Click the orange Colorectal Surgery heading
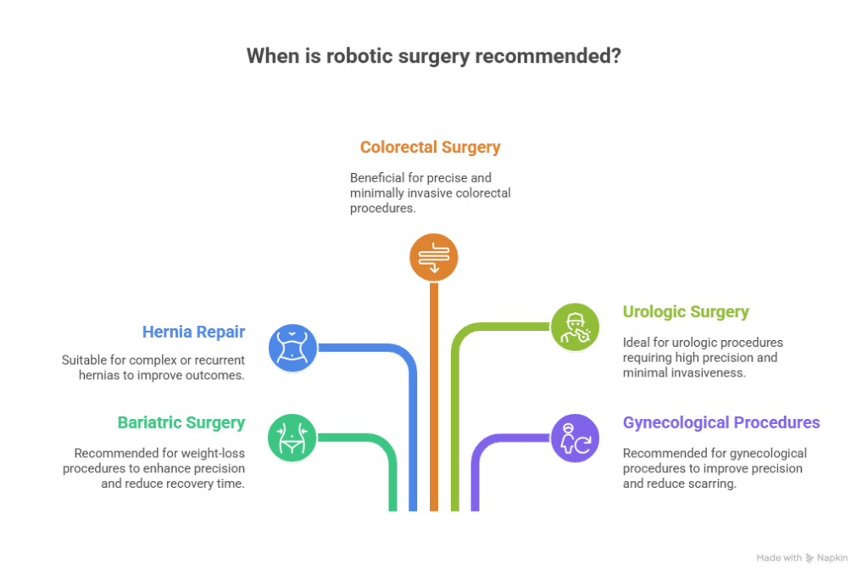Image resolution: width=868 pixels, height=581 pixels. pyautogui.click(x=430, y=148)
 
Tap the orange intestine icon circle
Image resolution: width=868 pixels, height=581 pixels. pyautogui.click(x=434, y=257)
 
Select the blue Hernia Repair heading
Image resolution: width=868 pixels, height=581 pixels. pyautogui.click(x=194, y=332)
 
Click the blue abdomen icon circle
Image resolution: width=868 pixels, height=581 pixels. pyautogui.click(x=292, y=347)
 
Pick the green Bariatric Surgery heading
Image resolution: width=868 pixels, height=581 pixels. pyautogui.click(x=181, y=422)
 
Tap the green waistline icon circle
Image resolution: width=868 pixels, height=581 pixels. pyautogui.click(x=292, y=438)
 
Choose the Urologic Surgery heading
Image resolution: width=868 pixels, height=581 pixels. pyautogui.click(x=686, y=312)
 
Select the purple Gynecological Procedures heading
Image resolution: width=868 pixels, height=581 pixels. pyautogui.click(x=721, y=422)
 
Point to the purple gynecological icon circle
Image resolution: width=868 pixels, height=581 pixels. pyautogui.click(x=575, y=438)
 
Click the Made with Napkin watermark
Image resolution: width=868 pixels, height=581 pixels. pyautogui.click(x=801, y=558)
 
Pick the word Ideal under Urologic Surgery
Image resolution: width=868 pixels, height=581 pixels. pyautogui.click(x=635, y=342)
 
